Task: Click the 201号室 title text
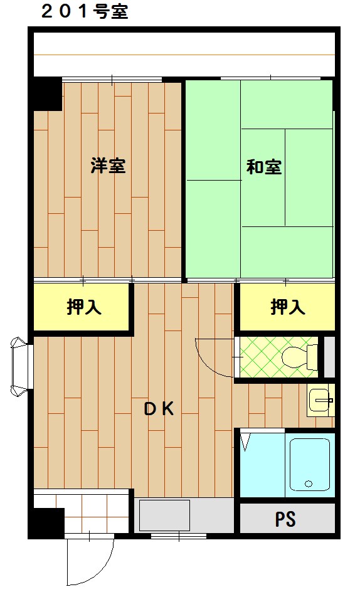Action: click(84, 12)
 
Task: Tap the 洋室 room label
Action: click(108, 166)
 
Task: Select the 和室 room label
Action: click(263, 167)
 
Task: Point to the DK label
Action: click(159, 409)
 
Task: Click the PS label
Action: click(285, 519)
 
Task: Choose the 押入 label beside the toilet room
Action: click(288, 307)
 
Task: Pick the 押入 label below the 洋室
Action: click(85, 307)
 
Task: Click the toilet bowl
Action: click(299, 357)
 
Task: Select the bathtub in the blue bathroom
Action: click(310, 463)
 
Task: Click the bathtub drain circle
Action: click(308, 484)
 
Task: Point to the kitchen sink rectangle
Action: click(164, 515)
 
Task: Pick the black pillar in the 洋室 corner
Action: click(48, 94)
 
